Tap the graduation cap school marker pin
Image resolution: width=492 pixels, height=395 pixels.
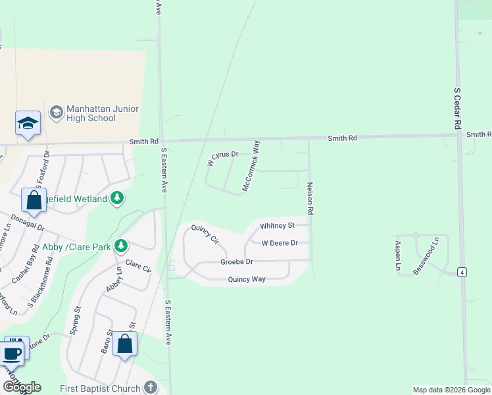click(x=28, y=123)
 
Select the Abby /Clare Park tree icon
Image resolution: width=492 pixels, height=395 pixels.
click(x=121, y=246)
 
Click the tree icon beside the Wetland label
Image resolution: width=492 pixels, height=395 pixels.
click(x=117, y=197)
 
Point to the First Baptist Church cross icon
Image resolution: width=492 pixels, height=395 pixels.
click(x=151, y=388)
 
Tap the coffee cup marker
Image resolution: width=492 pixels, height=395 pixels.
click(x=11, y=353)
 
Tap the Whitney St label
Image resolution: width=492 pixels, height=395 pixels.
click(x=277, y=226)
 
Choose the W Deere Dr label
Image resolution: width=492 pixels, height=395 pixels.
click(x=280, y=243)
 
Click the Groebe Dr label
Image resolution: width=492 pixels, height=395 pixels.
click(x=237, y=262)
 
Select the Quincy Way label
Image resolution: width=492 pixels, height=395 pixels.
click(x=247, y=279)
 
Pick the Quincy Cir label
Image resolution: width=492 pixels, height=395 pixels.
click(x=205, y=234)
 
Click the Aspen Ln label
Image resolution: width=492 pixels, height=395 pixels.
click(x=398, y=255)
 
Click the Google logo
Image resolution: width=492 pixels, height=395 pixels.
click(x=22, y=387)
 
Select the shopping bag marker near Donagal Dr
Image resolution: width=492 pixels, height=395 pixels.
click(x=34, y=201)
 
